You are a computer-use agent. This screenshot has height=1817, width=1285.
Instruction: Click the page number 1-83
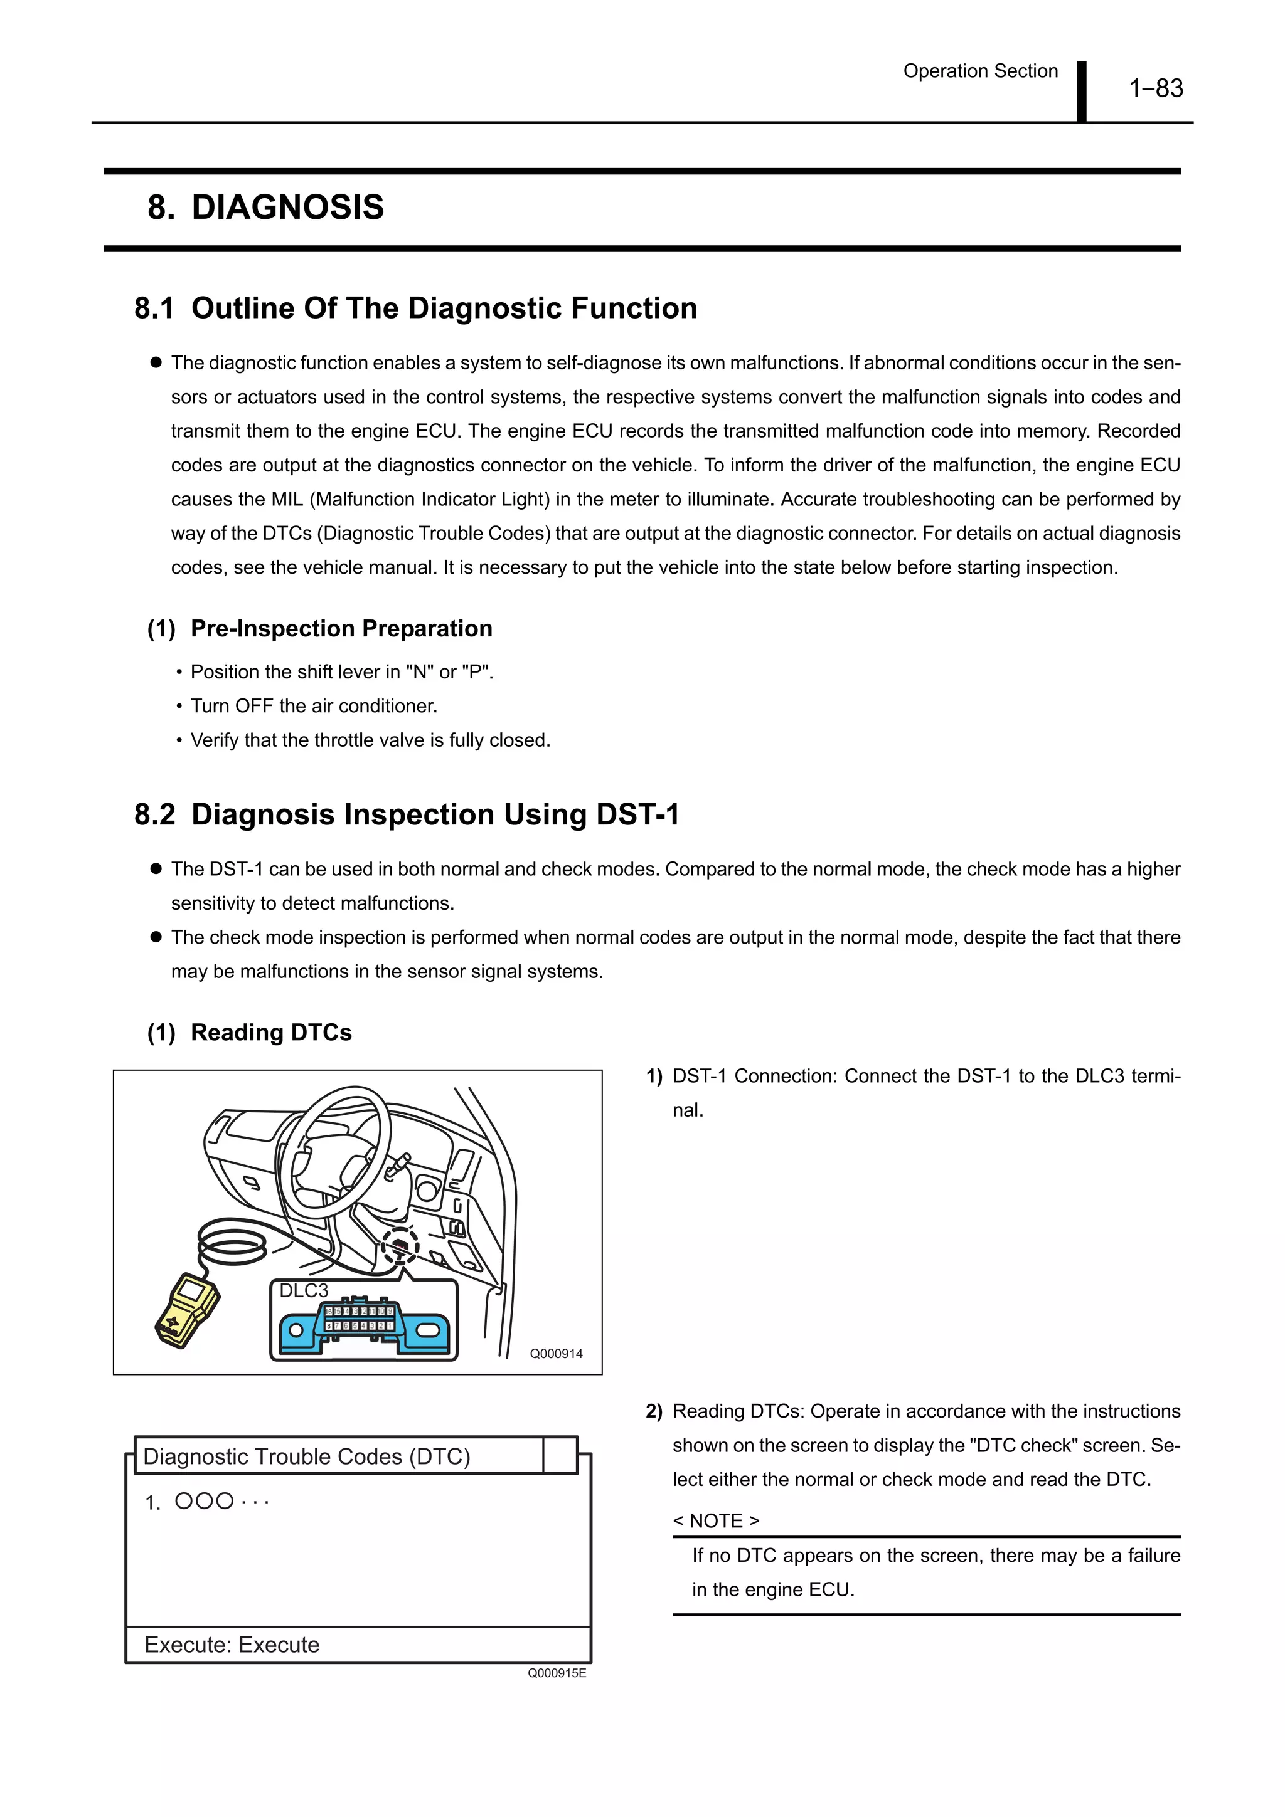[1155, 88]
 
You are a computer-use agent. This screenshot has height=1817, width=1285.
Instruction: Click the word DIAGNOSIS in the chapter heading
[287, 208]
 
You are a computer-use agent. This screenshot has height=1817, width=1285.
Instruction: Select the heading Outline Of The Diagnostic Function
[444, 308]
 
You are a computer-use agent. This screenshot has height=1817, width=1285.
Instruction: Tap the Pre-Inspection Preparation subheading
[341, 628]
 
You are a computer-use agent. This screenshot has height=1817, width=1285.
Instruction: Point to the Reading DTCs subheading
[271, 1032]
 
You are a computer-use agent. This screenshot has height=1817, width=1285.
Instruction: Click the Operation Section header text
[980, 71]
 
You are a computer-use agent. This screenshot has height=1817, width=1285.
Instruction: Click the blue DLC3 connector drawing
[363, 1329]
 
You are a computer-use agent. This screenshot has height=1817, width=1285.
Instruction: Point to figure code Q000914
[556, 1354]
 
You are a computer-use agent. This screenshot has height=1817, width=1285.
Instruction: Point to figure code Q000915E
[557, 1673]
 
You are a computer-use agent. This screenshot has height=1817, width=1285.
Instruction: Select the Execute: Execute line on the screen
[232, 1645]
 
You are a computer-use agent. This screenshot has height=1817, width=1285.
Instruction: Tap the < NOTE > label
[716, 1521]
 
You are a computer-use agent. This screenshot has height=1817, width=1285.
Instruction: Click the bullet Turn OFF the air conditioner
[314, 706]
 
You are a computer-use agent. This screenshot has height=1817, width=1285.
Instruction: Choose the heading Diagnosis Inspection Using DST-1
[435, 814]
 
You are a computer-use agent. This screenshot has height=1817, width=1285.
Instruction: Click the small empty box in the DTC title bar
[560, 1455]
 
